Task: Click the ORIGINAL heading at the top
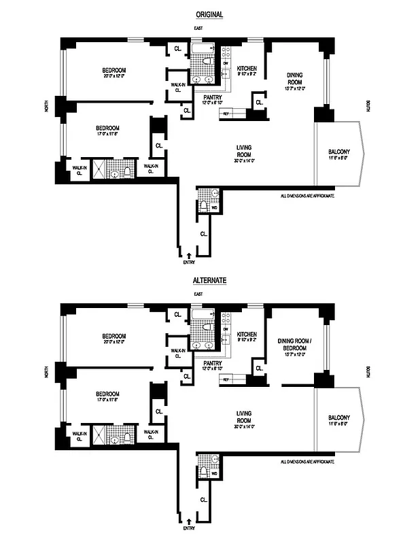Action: tap(209, 14)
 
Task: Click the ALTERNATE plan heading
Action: tap(209, 279)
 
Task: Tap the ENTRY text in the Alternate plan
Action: tap(188, 527)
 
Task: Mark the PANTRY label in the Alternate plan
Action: tap(213, 362)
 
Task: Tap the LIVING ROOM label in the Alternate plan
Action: tap(245, 417)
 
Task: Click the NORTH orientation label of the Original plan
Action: tap(47, 107)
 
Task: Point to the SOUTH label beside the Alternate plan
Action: tap(368, 373)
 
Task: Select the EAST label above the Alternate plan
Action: tap(198, 294)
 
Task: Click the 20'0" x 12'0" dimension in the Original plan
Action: tap(114, 77)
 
